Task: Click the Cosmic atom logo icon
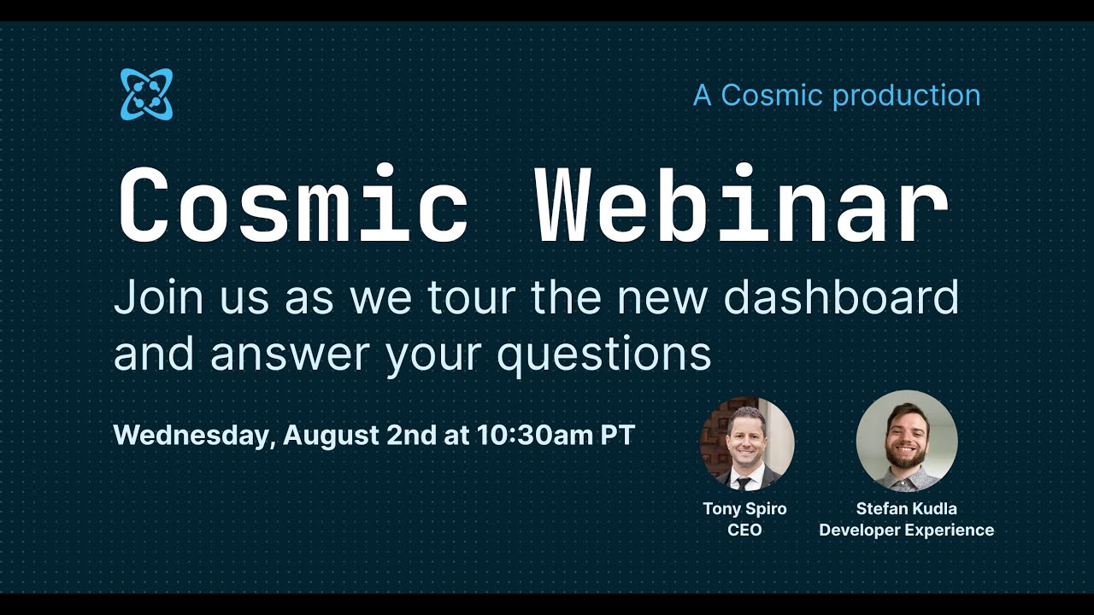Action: [146, 94]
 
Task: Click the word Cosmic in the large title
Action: [292, 206]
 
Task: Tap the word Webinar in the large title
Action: [741, 206]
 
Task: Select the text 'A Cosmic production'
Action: [837, 95]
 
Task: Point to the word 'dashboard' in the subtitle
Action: [841, 298]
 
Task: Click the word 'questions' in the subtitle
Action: [604, 354]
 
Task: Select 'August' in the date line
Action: [331, 436]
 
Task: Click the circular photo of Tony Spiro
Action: [747, 443]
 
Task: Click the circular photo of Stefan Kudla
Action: [907, 441]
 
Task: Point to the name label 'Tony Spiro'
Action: [744, 508]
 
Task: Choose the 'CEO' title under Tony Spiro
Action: [744, 530]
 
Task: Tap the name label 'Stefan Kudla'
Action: [906, 508]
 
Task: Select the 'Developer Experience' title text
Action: [906, 530]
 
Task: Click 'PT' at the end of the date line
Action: [617, 436]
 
